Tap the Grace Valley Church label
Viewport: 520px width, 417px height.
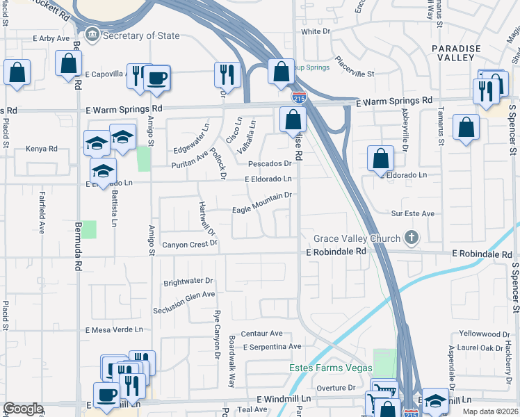tap(356, 238)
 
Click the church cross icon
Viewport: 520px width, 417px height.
tap(412, 238)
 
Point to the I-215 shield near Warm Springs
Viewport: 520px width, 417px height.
tap(298, 98)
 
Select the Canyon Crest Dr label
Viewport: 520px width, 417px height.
tap(190, 245)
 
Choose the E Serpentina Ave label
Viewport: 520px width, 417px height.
tap(272, 346)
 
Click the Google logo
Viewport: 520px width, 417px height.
tap(23, 409)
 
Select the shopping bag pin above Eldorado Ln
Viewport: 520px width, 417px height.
tap(381, 159)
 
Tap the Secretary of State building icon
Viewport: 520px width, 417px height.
tap(91, 35)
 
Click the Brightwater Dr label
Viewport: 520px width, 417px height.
tap(188, 283)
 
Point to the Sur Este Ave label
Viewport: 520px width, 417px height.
tap(412, 214)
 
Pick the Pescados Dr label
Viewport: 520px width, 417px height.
tap(269, 164)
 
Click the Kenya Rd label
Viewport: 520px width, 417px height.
tap(41, 149)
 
